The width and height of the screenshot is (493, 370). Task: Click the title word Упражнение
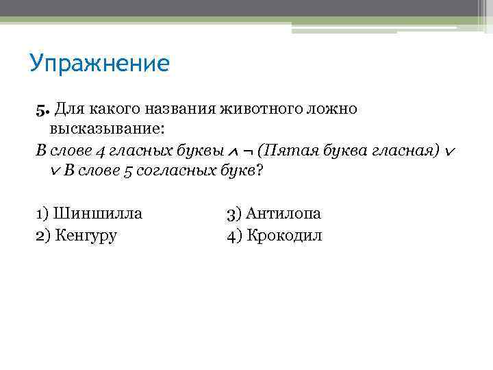99,64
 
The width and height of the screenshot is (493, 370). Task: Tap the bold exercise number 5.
40,110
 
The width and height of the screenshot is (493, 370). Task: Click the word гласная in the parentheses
401,150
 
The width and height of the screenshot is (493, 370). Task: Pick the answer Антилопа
283,213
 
